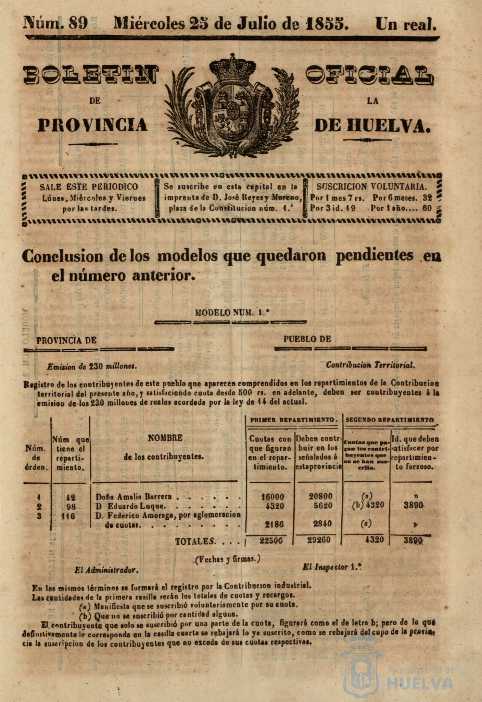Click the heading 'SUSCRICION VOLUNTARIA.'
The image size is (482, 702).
click(372, 187)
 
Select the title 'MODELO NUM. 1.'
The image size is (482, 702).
click(232, 312)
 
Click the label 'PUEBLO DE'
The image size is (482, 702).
click(307, 339)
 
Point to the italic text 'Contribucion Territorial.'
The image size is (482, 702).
click(370, 365)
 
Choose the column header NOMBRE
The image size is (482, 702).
click(165, 438)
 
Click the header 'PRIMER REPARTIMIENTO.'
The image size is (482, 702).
click(294, 420)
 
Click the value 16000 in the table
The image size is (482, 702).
click(272, 497)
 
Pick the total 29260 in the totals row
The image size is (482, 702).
click(319, 540)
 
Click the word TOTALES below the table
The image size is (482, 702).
click(195, 542)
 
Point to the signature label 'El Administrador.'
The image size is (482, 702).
click(106, 570)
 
